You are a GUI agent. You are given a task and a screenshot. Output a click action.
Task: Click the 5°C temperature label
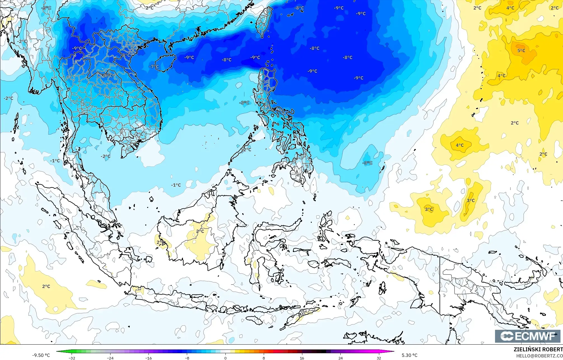[x=521, y=51]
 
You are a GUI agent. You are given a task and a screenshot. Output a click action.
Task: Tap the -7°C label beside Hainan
[x=154, y=67]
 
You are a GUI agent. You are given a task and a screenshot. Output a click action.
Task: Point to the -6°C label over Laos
[x=107, y=76]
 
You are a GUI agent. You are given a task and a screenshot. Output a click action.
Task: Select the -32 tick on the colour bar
[x=72, y=358]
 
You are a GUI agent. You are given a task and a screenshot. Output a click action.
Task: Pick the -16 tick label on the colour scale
[x=149, y=358]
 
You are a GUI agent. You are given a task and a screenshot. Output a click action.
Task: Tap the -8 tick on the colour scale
[x=187, y=358]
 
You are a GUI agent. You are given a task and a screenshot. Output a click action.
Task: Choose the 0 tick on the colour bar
[x=225, y=358]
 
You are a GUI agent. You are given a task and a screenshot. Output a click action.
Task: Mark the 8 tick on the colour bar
[x=264, y=358]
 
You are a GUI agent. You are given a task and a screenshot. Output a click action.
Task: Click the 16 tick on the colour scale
[x=302, y=358]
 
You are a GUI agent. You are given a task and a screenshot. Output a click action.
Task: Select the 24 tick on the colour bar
[x=340, y=358]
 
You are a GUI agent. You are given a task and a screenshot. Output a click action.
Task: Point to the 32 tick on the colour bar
[x=379, y=358]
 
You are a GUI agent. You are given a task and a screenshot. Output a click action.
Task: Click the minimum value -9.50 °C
[x=41, y=355]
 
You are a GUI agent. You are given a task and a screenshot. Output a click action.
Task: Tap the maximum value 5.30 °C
[x=409, y=355]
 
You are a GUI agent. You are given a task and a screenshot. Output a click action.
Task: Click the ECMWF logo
[x=527, y=336]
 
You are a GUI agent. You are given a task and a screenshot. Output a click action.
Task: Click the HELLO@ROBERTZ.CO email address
[x=539, y=356]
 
